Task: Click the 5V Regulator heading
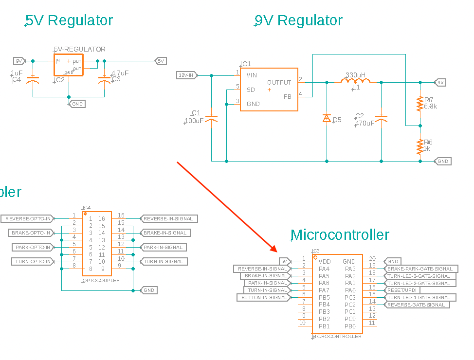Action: click(x=69, y=20)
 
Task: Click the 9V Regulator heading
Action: click(x=298, y=20)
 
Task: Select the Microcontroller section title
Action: click(x=340, y=235)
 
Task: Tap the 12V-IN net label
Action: click(x=186, y=75)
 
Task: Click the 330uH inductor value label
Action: click(x=355, y=75)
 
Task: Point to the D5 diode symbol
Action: click(x=327, y=119)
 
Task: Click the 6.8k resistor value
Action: click(x=430, y=106)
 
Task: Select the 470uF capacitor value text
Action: click(x=365, y=124)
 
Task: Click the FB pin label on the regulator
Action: click(x=288, y=96)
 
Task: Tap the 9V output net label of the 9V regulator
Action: click(x=440, y=82)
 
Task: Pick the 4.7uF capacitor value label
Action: click(x=120, y=73)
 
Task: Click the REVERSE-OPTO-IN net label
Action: click(x=28, y=219)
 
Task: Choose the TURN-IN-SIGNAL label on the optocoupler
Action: click(x=163, y=262)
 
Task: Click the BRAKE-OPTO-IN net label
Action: click(x=31, y=233)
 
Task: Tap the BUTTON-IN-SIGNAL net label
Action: click(x=263, y=298)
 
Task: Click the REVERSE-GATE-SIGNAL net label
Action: click(x=416, y=305)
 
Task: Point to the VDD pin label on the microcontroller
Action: click(x=325, y=262)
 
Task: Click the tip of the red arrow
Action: click(x=276, y=252)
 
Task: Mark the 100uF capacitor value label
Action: click(x=194, y=121)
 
